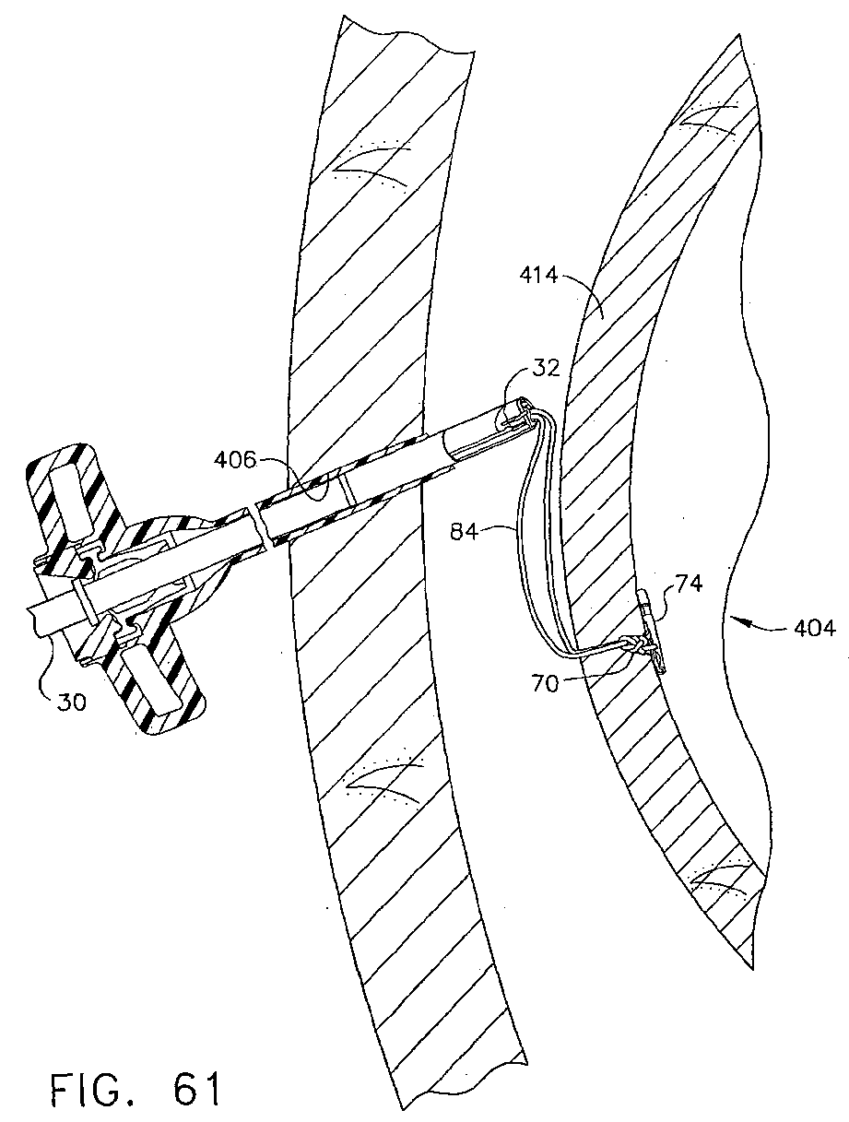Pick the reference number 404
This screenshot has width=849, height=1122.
coord(816,630)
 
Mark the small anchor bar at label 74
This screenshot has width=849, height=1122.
coord(650,620)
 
